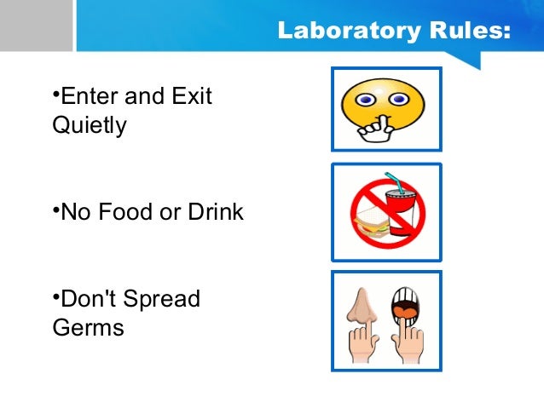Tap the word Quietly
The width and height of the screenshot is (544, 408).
click(x=90, y=126)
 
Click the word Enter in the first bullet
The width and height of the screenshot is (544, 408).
click(x=91, y=95)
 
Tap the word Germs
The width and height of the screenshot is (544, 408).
click(x=88, y=328)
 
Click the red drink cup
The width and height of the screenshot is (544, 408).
click(x=403, y=213)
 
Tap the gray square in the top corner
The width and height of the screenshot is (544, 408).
click(x=36, y=25)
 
